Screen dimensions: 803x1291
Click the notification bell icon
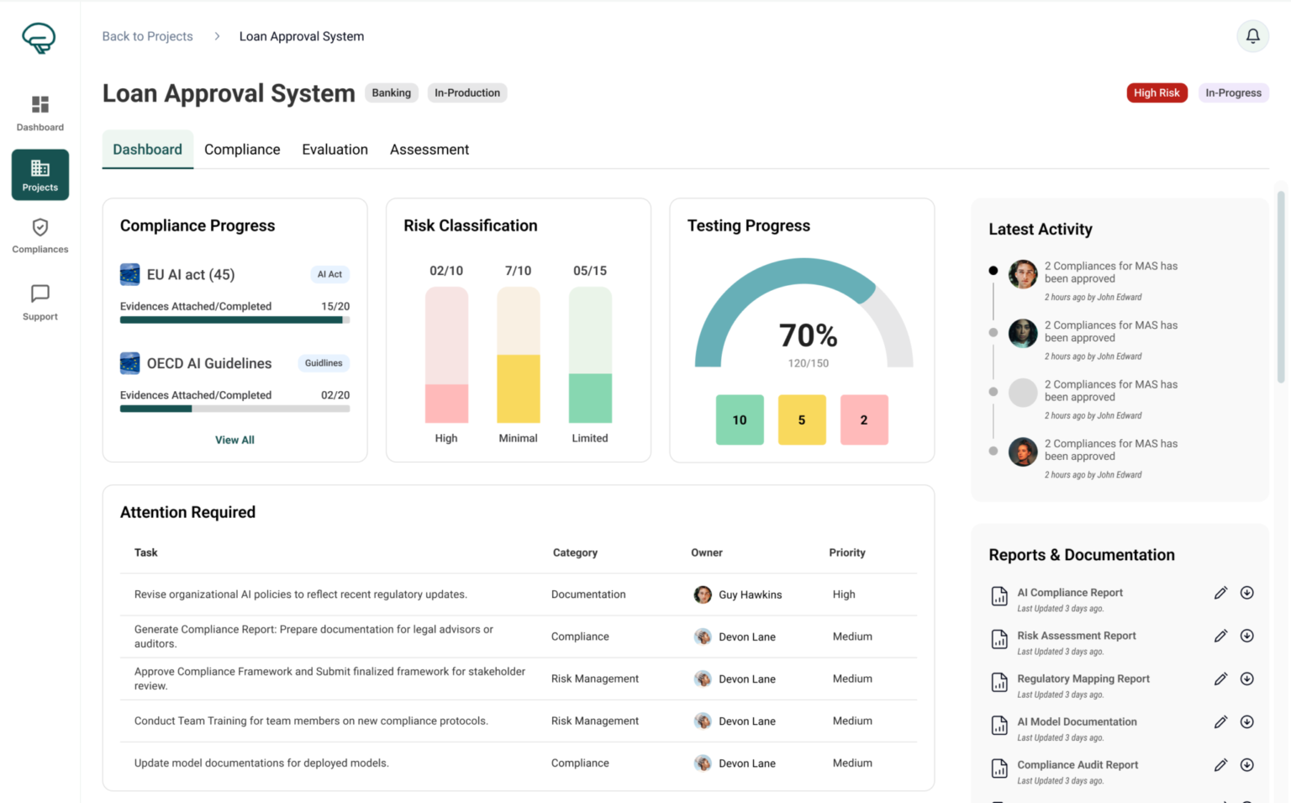click(1252, 36)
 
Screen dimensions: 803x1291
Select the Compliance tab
click(242, 150)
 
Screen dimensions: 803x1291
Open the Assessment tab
click(429, 150)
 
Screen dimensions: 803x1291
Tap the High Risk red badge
click(1157, 92)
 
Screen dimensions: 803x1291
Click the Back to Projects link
click(147, 36)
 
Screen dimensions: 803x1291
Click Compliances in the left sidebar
click(40, 236)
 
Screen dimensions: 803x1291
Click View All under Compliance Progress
click(234, 440)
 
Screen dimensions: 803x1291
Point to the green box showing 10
click(740, 420)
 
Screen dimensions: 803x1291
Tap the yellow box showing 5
click(802, 420)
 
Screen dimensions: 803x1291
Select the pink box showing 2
click(864, 420)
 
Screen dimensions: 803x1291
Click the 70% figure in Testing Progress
click(808, 335)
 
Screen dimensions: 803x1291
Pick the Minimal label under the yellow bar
click(518, 438)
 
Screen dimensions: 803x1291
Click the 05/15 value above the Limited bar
click(589, 271)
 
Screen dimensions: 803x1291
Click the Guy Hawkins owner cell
click(740, 594)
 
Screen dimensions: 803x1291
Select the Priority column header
click(846, 552)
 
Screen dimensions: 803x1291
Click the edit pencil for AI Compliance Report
click(1220, 593)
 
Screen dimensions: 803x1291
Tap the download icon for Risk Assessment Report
click(1247, 636)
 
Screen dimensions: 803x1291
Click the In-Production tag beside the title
click(467, 92)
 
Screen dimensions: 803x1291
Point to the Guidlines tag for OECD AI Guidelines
click(324, 363)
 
